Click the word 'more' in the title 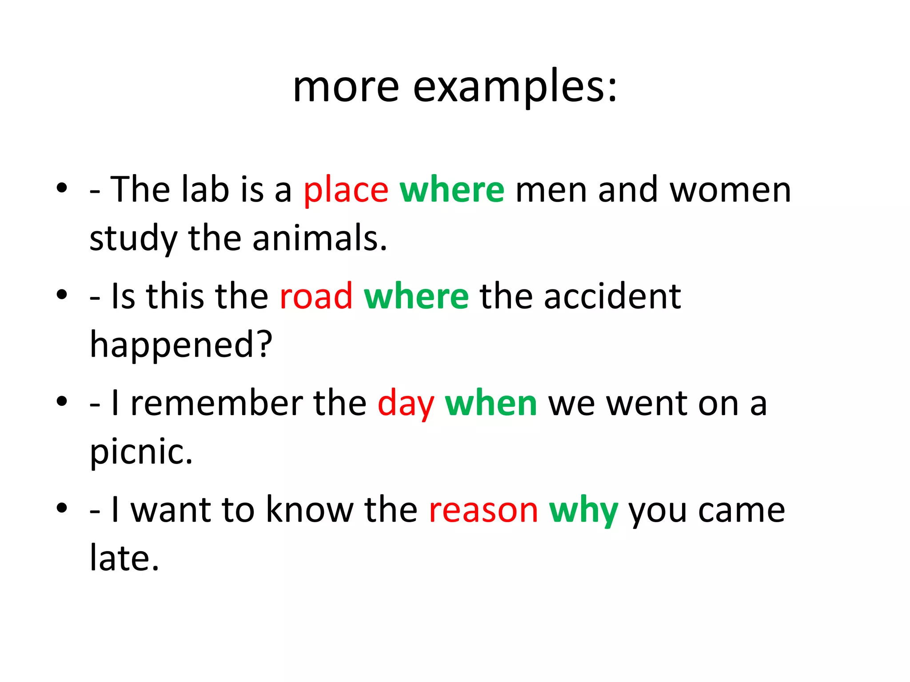(x=346, y=87)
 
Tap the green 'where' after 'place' (x=452, y=190)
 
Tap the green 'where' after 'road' (x=416, y=297)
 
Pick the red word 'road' (x=316, y=297)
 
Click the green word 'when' (x=491, y=403)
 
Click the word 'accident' (x=612, y=297)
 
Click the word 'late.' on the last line (x=124, y=558)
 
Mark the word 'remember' (x=217, y=403)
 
